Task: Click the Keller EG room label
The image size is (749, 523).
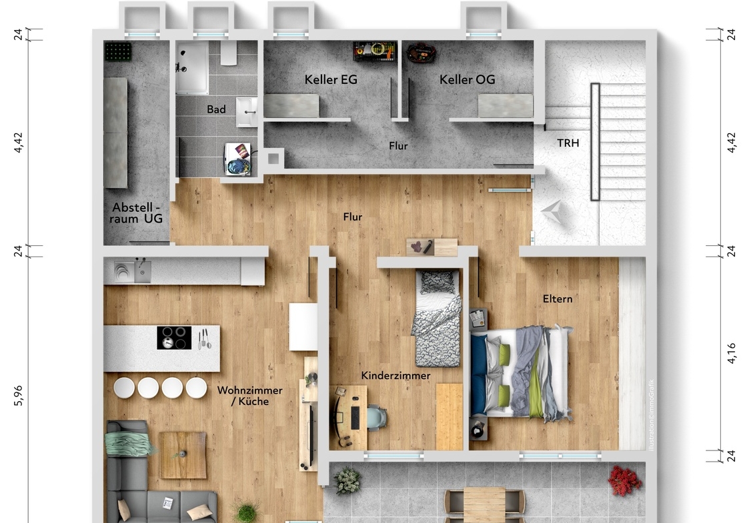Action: [331, 79]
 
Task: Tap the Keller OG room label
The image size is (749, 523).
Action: [467, 79]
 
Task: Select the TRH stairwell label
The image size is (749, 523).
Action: [568, 143]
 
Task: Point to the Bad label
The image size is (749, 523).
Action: [216, 109]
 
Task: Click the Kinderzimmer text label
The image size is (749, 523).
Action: [396, 376]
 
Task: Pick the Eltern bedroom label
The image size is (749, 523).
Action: [558, 298]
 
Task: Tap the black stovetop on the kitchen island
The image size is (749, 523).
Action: [174, 337]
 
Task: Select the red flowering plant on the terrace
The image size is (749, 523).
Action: [624, 480]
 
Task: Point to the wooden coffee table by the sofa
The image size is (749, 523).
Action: [183, 455]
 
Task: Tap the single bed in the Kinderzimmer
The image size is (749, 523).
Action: [438, 317]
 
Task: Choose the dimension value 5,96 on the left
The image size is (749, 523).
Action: [18, 396]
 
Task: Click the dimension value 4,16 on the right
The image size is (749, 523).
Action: [732, 354]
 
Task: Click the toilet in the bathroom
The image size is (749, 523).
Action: [229, 53]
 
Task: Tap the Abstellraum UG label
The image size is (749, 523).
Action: [136, 213]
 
